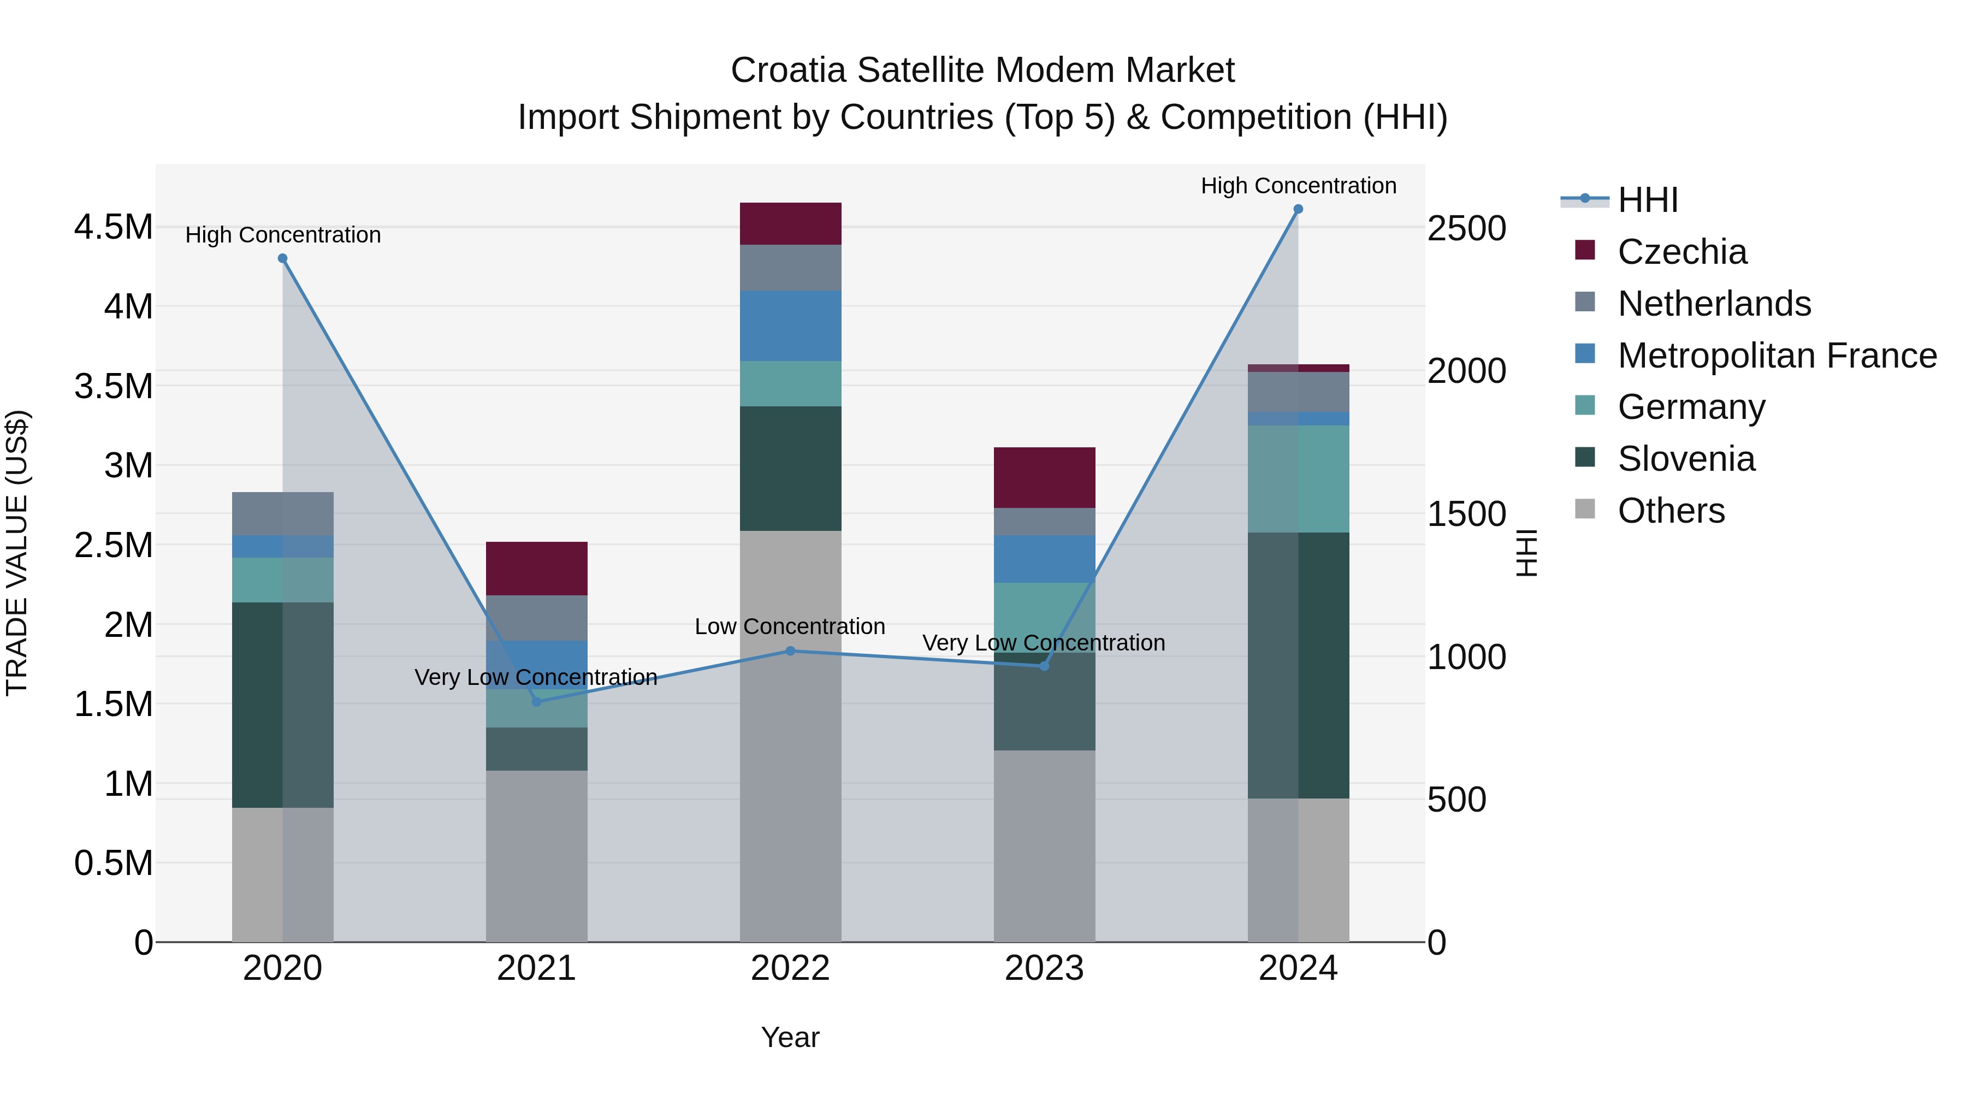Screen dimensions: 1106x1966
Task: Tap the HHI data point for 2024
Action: click(x=1298, y=209)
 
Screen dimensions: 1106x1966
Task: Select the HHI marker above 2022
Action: click(x=791, y=651)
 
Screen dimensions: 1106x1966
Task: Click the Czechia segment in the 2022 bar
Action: click(x=791, y=223)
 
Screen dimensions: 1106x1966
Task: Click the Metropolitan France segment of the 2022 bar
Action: click(x=791, y=326)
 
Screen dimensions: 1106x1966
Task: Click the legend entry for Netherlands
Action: click(x=1714, y=304)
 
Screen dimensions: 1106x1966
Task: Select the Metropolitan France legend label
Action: click(x=1776, y=356)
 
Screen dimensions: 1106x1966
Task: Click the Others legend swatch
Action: click(x=1585, y=509)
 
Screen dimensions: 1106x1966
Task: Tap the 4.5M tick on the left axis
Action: click(x=114, y=227)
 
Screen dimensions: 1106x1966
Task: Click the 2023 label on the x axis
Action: click(x=1044, y=968)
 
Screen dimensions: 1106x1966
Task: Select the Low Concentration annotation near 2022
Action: click(x=790, y=626)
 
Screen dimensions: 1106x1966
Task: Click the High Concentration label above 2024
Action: click(x=1298, y=186)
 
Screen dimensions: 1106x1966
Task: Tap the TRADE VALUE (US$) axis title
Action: click(x=17, y=553)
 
